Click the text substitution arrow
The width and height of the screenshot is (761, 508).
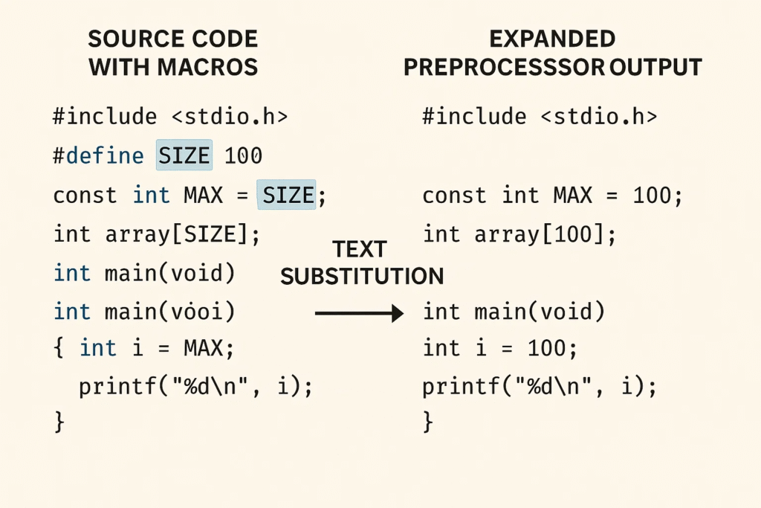click(x=359, y=313)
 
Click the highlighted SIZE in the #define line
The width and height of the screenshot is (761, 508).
click(x=184, y=155)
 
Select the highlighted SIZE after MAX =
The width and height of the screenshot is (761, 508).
click(x=286, y=195)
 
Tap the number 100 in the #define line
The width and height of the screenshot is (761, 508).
click(x=243, y=156)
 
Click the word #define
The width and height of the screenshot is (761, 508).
click(x=99, y=156)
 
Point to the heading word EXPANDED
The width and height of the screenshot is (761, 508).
click(x=552, y=39)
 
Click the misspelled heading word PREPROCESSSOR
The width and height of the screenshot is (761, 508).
click(x=504, y=67)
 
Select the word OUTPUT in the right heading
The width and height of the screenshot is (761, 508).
click(x=655, y=67)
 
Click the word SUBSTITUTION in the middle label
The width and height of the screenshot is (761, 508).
click(x=362, y=277)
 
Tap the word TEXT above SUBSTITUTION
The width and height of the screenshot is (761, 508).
click(x=360, y=250)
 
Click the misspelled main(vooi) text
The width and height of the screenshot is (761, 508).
click(x=170, y=312)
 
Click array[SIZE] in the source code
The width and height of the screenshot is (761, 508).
click(x=177, y=234)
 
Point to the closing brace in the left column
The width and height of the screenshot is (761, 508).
click(x=59, y=421)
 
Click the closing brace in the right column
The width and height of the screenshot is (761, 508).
click(x=427, y=421)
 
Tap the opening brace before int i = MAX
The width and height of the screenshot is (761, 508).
click(x=59, y=348)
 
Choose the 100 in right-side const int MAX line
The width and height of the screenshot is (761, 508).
click(x=652, y=195)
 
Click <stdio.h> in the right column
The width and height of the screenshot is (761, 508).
click(x=599, y=117)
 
